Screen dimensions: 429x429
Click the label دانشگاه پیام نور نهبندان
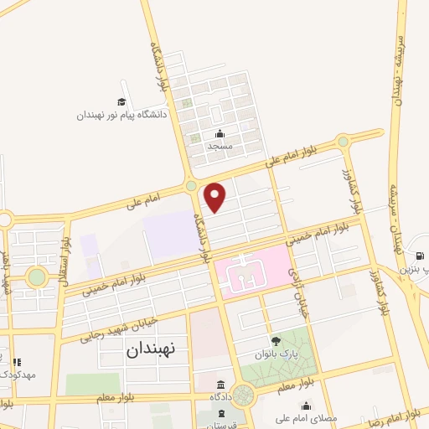point(122,114)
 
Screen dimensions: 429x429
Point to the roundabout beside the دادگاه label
point(244,394)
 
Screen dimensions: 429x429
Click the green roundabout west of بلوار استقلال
point(36,276)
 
